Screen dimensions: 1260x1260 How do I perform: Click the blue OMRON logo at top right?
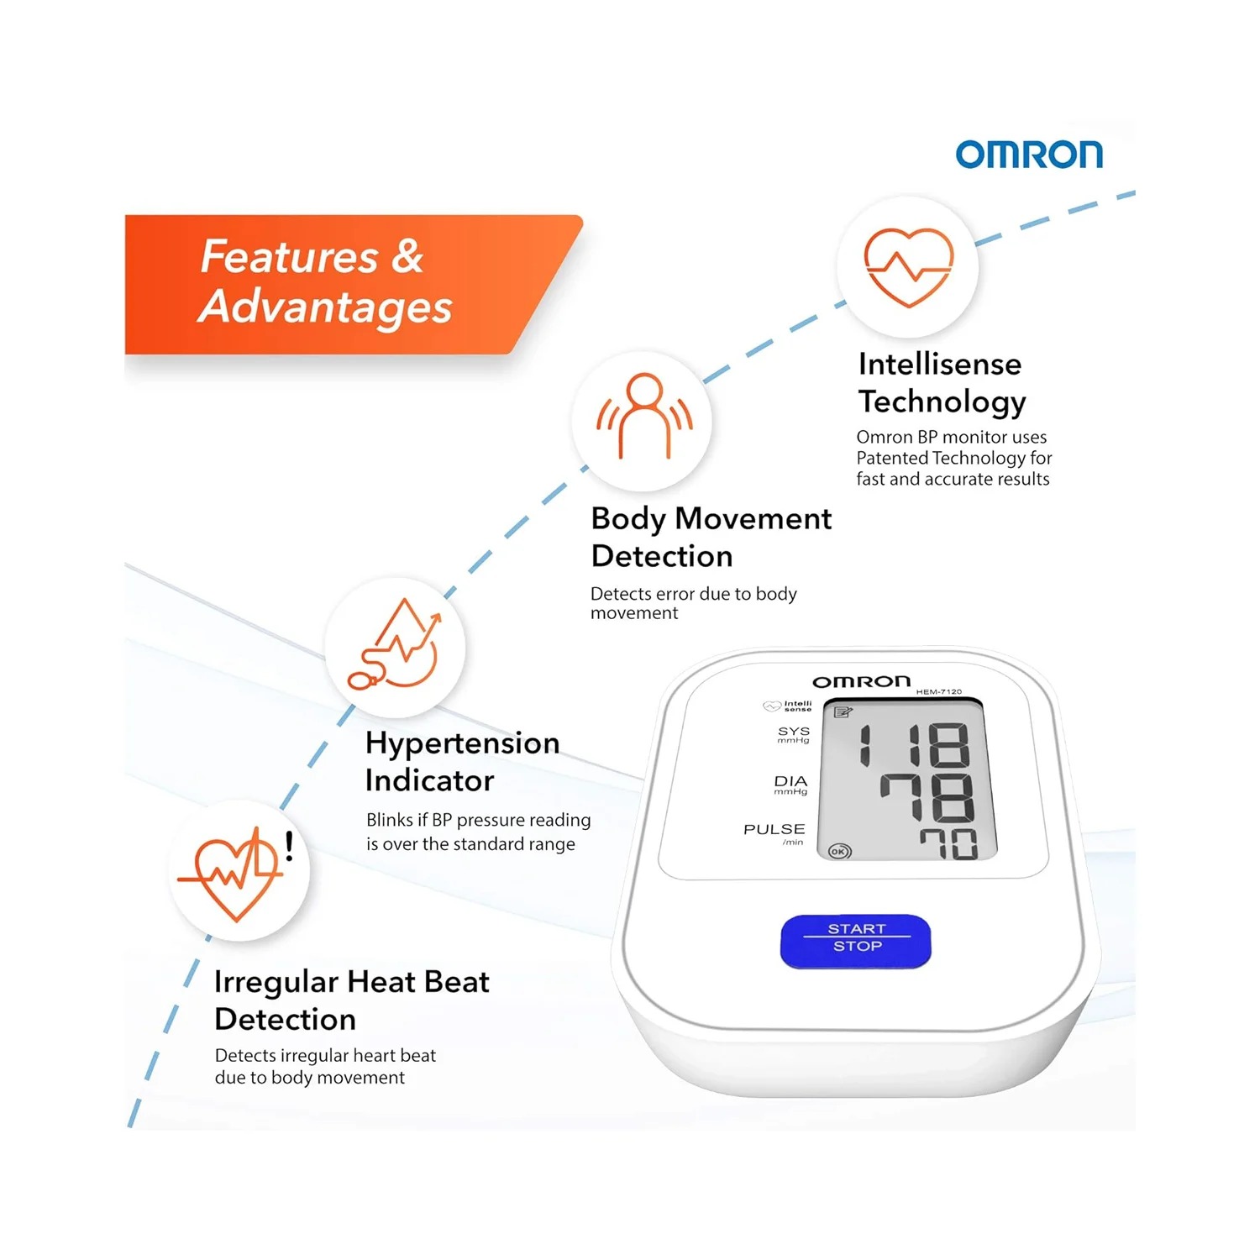[1029, 155]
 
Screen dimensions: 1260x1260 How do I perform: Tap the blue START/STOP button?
[856, 941]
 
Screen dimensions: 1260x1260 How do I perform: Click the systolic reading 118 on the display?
[914, 745]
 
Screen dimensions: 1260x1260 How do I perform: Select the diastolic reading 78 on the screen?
[927, 797]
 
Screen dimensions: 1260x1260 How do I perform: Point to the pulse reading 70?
[948, 843]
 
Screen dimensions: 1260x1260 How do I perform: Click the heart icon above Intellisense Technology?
[909, 267]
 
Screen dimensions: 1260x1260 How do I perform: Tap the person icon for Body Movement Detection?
[644, 416]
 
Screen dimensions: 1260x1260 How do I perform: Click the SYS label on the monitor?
[794, 732]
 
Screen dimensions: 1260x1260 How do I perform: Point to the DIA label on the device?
[790, 781]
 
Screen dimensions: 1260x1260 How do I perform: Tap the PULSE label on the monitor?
[774, 829]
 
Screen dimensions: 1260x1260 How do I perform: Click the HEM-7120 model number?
[938, 692]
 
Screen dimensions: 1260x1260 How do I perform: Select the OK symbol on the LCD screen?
[839, 851]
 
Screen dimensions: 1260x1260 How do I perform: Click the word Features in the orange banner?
[289, 257]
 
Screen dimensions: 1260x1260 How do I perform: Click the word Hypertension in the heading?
[463, 744]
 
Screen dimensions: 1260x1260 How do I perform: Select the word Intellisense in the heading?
[940, 364]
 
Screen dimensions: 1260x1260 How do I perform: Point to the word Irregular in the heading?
[276, 983]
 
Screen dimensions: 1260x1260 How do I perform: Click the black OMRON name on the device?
[861, 681]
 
